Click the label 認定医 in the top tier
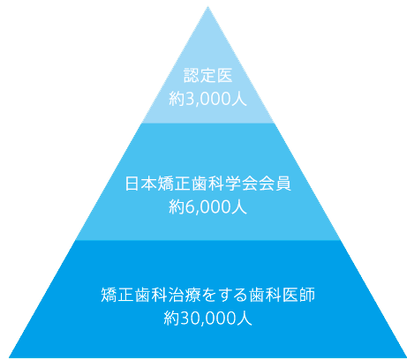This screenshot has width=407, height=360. coord(208,75)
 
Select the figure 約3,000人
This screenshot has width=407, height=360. coord(207,99)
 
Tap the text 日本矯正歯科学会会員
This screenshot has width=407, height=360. coord(208,184)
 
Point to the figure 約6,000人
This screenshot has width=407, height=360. coord(207,206)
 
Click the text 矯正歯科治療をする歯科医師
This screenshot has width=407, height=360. coord(208,295)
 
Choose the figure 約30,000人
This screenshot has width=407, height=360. coord(207,318)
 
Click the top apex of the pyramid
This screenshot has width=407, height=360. coord(207,6)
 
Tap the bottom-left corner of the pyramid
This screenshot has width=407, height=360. coord(9,357)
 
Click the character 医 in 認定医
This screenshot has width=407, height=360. coord(224,75)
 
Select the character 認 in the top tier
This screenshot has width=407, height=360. coord(192,75)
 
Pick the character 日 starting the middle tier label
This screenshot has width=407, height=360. coord(132,184)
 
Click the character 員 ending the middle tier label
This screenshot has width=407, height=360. coord(283,184)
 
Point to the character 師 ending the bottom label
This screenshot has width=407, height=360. coord(307,295)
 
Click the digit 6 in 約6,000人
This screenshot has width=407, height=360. coord(189,207)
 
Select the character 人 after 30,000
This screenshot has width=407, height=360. coord(245,318)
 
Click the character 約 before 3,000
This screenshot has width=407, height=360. coord(177,99)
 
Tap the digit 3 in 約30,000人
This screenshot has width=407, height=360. coord(184,319)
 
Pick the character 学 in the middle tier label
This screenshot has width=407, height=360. coord(233,184)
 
